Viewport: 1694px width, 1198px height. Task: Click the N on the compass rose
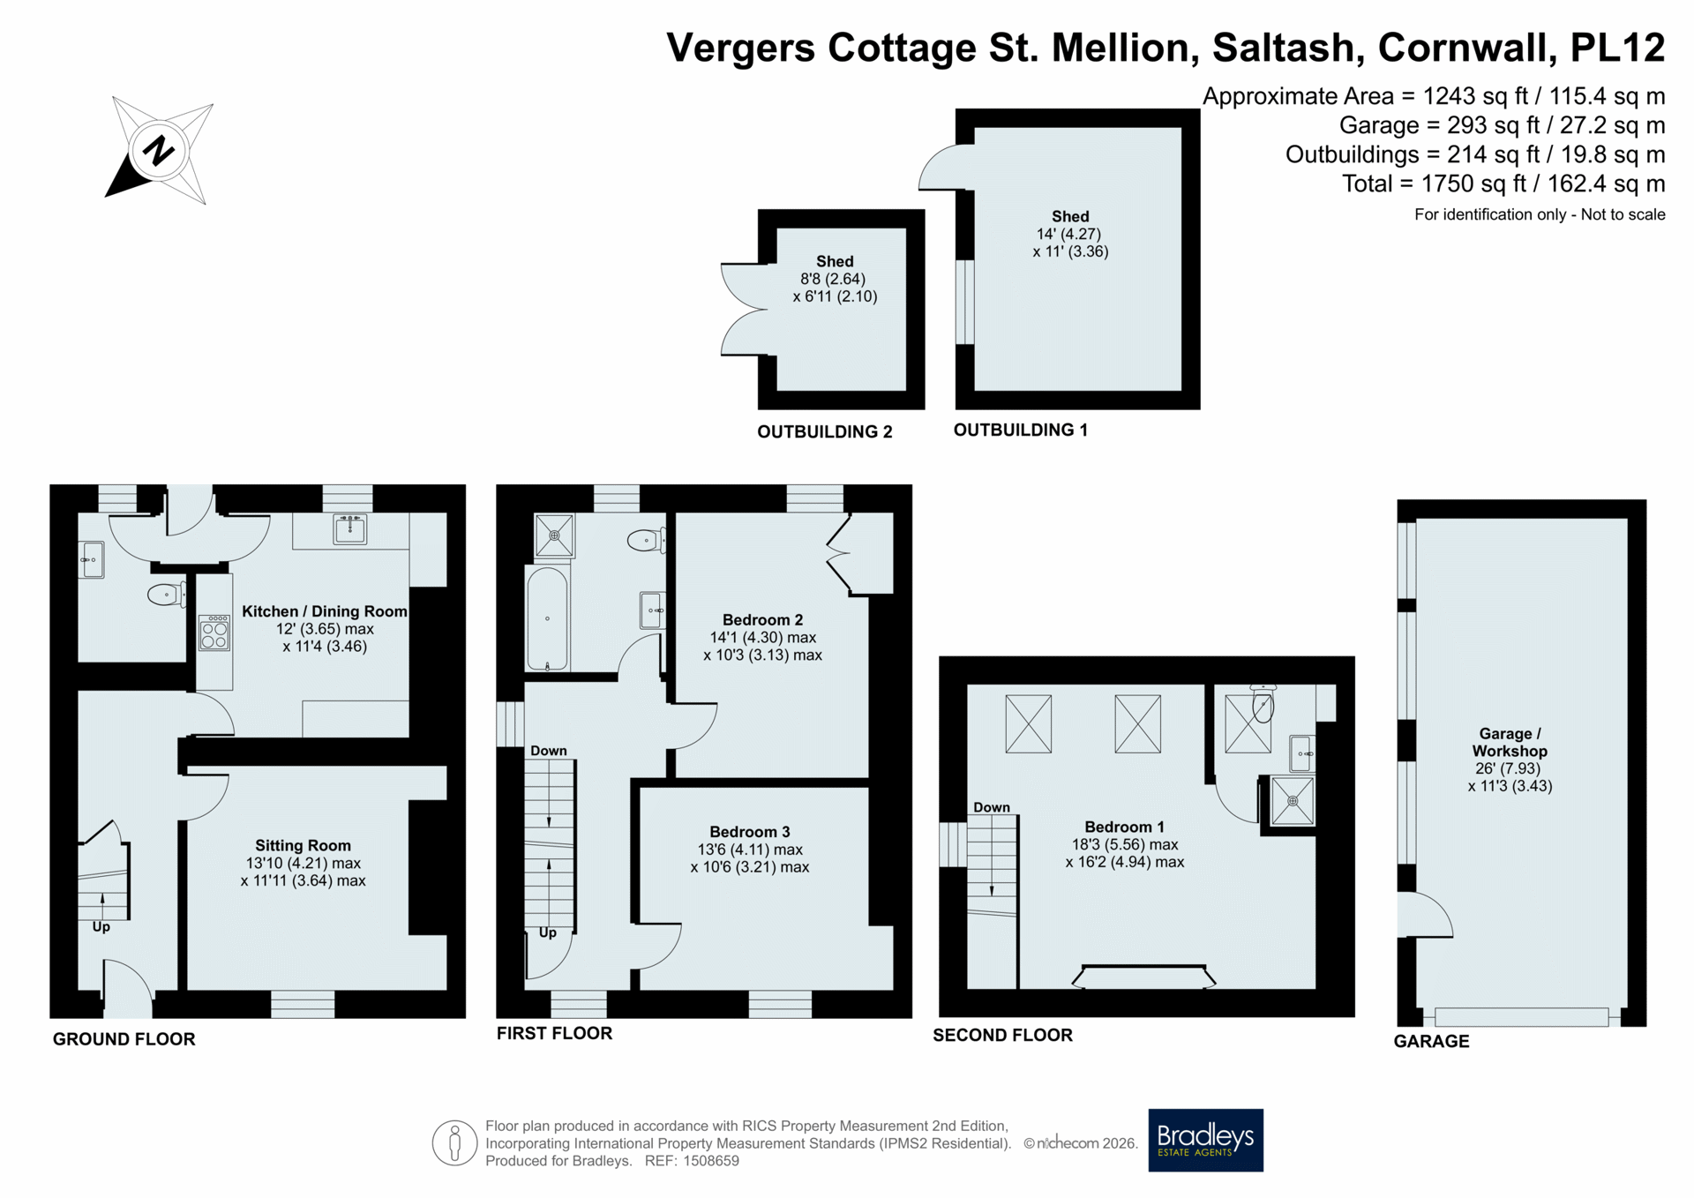click(x=159, y=151)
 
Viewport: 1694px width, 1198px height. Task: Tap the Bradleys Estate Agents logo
click(x=1205, y=1140)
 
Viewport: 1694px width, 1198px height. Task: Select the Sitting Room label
click(x=303, y=845)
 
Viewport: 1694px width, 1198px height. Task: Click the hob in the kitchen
click(x=214, y=633)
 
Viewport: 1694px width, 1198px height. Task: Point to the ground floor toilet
click(x=167, y=594)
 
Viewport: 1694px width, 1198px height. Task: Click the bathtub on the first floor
click(x=547, y=618)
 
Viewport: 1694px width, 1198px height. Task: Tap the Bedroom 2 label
click(x=762, y=619)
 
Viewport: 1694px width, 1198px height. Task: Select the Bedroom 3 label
click(x=750, y=832)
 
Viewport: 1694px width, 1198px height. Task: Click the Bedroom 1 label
click(x=1124, y=827)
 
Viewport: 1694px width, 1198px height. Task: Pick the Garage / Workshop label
click(x=1510, y=742)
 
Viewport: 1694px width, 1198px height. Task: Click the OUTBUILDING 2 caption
click(x=825, y=431)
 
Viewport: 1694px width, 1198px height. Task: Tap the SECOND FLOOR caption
click(x=1002, y=1035)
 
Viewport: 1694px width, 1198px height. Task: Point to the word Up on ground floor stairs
click(x=101, y=927)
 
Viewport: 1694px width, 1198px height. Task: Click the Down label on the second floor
click(x=992, y=807)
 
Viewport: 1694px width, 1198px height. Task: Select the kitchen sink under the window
click(x=350, y=529)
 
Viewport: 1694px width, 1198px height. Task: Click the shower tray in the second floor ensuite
click(x=1293, y=801)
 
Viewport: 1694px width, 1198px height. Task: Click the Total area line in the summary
click(x=1503, y=183)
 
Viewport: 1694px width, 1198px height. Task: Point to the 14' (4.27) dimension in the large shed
click(x=1068, y=234)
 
